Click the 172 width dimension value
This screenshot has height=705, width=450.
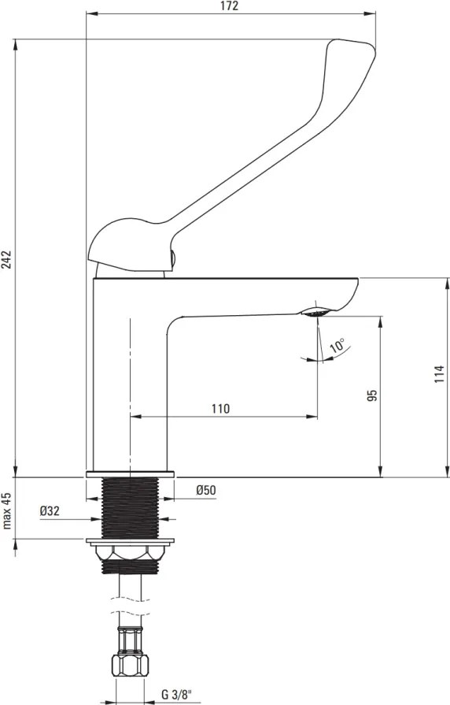[230, 6]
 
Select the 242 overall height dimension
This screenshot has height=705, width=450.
[7, 259]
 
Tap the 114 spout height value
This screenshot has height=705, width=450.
[439, 374]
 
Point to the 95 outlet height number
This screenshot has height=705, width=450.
[372, 395]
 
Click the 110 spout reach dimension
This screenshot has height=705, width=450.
[220, 409]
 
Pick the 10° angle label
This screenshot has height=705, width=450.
[337, 346]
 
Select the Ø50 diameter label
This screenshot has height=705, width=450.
[206, 490]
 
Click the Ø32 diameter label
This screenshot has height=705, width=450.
[50, 510]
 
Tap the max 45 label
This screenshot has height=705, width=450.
[7, 511]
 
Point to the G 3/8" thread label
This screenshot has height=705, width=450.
[176, 695]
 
